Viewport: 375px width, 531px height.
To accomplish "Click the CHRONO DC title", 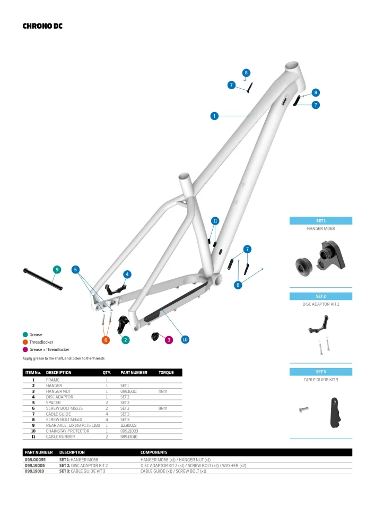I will coord(42,25).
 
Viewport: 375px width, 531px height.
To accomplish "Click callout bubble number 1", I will coord(214,116).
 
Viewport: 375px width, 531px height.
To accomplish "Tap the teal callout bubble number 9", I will coord(57,269).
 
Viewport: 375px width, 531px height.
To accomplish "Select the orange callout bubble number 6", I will coord(106,339).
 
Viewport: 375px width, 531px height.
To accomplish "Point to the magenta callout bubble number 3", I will coord(169,339).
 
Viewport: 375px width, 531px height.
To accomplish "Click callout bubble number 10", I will coord(185,339).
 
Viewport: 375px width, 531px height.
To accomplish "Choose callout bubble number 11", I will coord(215,220).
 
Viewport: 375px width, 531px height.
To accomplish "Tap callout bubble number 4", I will coord(127,274).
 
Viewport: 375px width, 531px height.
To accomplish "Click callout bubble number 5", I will coord(76,269).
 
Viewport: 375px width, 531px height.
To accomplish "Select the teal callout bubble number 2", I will coord(126,339).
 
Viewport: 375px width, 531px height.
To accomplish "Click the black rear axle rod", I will coord(42,280).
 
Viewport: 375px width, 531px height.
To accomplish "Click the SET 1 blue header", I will coord(320,220).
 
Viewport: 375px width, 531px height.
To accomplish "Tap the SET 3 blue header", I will coord(320,372).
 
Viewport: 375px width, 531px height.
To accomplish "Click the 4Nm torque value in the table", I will coord(162,391).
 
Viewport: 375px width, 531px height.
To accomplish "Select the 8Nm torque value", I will coord(162,408).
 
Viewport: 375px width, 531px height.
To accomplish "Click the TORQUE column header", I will coord(166,373).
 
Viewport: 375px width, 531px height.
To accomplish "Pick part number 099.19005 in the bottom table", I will coord(35,465).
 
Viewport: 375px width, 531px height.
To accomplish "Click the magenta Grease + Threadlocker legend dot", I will coord(25,349).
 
